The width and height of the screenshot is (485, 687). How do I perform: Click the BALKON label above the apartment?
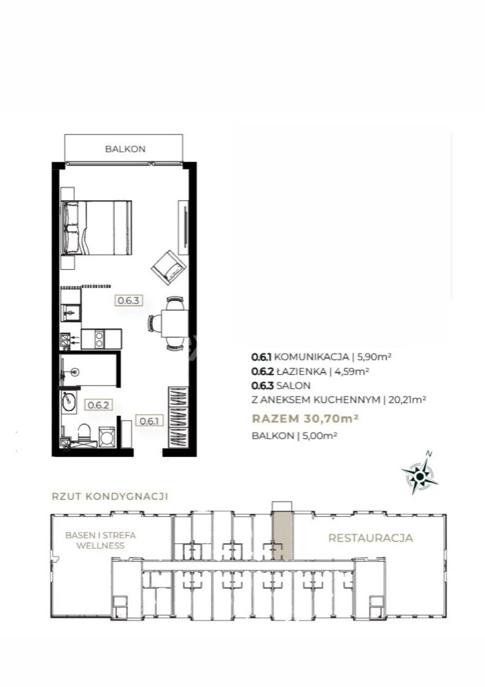click(x=125, y=149)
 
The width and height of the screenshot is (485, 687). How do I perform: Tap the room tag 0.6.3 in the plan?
click(x=129, y=300)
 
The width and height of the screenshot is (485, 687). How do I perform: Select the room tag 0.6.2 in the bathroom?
click(x=98, y=405)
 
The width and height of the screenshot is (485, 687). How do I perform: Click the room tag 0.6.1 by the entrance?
click(x=149, y=421)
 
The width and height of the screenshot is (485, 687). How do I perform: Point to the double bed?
click(x=97, y=228)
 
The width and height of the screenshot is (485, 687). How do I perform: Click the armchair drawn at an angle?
click(x=169, y=268)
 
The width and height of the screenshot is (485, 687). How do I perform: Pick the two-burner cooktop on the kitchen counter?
click(x=100, y=339)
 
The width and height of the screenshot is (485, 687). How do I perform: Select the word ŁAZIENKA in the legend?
click(x=301, y=372)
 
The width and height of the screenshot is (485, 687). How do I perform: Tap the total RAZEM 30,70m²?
click(x=305, y=418)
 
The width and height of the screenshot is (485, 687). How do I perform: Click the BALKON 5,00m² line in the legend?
click(x=294, y=436)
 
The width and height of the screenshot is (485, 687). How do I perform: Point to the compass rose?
click(x=420, y=475)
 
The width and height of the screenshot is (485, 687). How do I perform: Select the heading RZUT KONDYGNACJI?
click(x=110, y=496)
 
